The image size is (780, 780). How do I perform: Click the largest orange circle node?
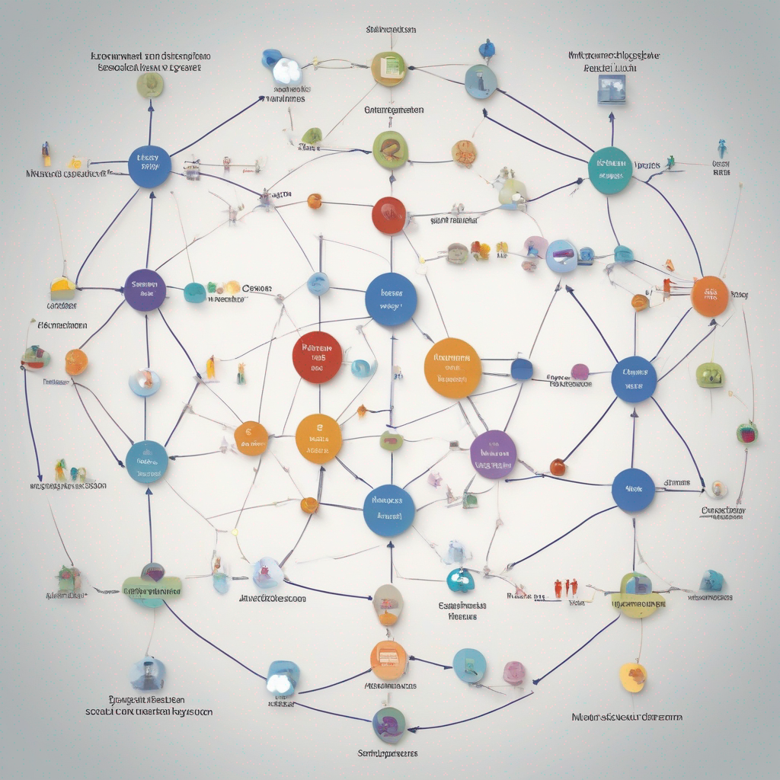pos(452,368)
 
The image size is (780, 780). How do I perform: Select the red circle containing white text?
pos(317,356)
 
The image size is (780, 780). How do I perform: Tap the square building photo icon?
pos(611,89)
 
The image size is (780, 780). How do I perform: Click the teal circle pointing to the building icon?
pos(610,169)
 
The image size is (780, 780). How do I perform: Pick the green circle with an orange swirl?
pos(391,149)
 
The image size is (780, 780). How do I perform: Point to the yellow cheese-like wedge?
pos(62,289)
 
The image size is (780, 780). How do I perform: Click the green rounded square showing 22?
pos(709,375)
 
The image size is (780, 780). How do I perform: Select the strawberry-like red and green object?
pos(746,433)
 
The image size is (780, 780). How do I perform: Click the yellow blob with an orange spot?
pos(633,676)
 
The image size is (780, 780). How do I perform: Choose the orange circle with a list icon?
pos(388,660)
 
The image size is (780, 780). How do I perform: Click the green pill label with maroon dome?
pos(152,585)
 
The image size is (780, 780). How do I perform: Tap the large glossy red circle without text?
pos(388,216)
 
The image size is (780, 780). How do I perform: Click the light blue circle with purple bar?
pos(562,256)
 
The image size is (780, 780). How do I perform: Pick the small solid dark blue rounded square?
pos(522,369)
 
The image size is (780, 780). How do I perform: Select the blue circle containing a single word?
pos(633,491)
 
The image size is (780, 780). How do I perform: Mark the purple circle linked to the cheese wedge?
pos(144,290)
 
